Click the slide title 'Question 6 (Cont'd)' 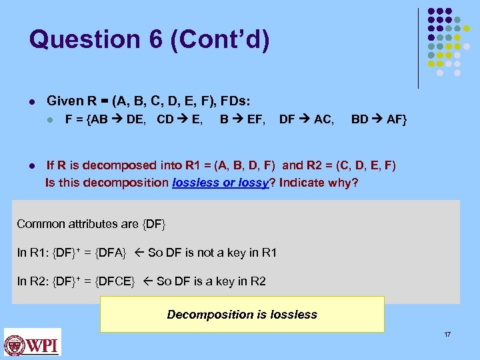(149, 39)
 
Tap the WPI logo (32, 343)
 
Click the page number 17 (447, 333)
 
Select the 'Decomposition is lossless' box (242, 314)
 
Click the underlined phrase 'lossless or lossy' (219, 182)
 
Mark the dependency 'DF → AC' (307, 120)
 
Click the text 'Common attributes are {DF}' (91, 224)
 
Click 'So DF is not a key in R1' (212, 253)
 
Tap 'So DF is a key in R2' (211, 281)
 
